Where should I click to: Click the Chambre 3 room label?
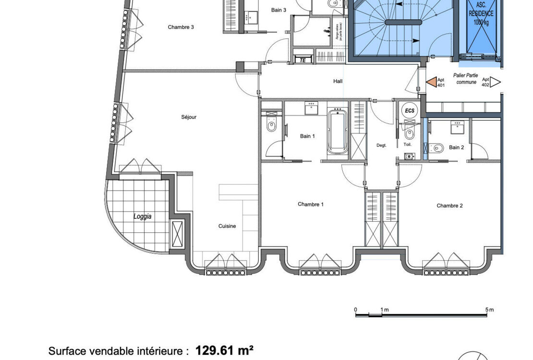[181, 27]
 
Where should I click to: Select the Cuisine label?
[227, 226]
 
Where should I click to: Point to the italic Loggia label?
[142, 216]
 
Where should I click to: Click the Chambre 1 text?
[310, 204]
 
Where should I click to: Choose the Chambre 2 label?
[449, 206]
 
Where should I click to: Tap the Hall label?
[338, 81]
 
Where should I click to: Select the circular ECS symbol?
[409, 110]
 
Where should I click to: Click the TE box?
[303, 60]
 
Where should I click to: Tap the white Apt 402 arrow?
[495, 82]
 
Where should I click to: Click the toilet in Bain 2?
[436, 148]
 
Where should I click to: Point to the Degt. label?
[381, 145]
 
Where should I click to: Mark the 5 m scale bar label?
[489, 310]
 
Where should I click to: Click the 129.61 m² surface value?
[224, 350]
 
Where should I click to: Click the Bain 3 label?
[279, 10]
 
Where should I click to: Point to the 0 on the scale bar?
[355, 310]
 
